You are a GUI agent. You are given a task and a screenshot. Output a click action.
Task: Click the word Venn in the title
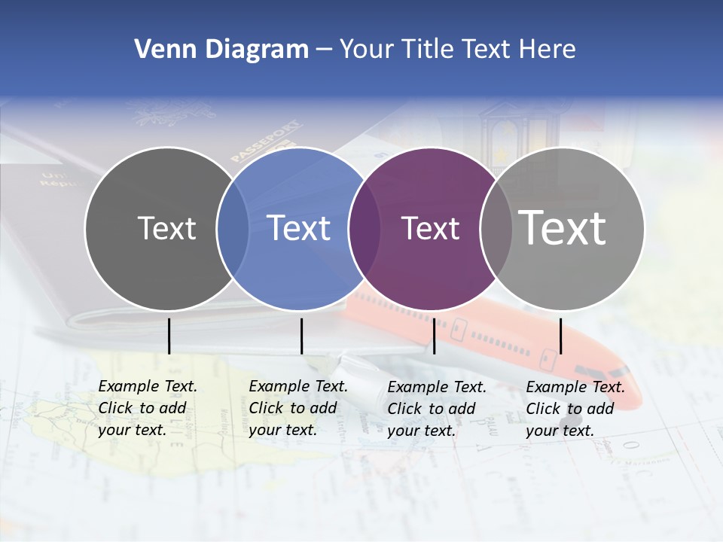tap(161, 50)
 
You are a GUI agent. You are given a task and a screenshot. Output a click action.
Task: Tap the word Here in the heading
tap(548, 50)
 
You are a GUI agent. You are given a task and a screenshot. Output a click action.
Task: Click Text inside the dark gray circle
tap(166, 229)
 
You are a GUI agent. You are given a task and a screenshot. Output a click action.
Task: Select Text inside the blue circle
tap(298, 229)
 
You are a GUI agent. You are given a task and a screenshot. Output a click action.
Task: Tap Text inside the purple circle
tap(430, 229)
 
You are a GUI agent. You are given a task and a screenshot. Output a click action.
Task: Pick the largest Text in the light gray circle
tap(563, 227)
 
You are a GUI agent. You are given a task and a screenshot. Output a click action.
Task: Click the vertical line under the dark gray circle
tap(169, 336)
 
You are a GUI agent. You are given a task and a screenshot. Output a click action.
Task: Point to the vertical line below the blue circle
tap(301, 336)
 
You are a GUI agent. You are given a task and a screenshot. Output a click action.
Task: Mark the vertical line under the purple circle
tap(434, 336)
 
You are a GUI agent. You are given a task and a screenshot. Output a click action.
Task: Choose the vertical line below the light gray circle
tap(560, 336)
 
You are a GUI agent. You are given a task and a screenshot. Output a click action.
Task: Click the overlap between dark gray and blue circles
tap(233, 229)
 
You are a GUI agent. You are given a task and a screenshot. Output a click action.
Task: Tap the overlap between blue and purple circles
tap(365, 229)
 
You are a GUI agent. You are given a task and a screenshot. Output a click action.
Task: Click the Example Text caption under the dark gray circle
tap(148, 408)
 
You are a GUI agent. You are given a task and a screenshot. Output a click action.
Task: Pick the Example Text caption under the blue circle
tap(298, 408)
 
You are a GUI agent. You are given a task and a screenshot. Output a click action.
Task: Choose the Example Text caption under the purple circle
tap(437, 409)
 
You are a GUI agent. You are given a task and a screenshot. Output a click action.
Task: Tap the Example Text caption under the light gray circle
tap(575, 409)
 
